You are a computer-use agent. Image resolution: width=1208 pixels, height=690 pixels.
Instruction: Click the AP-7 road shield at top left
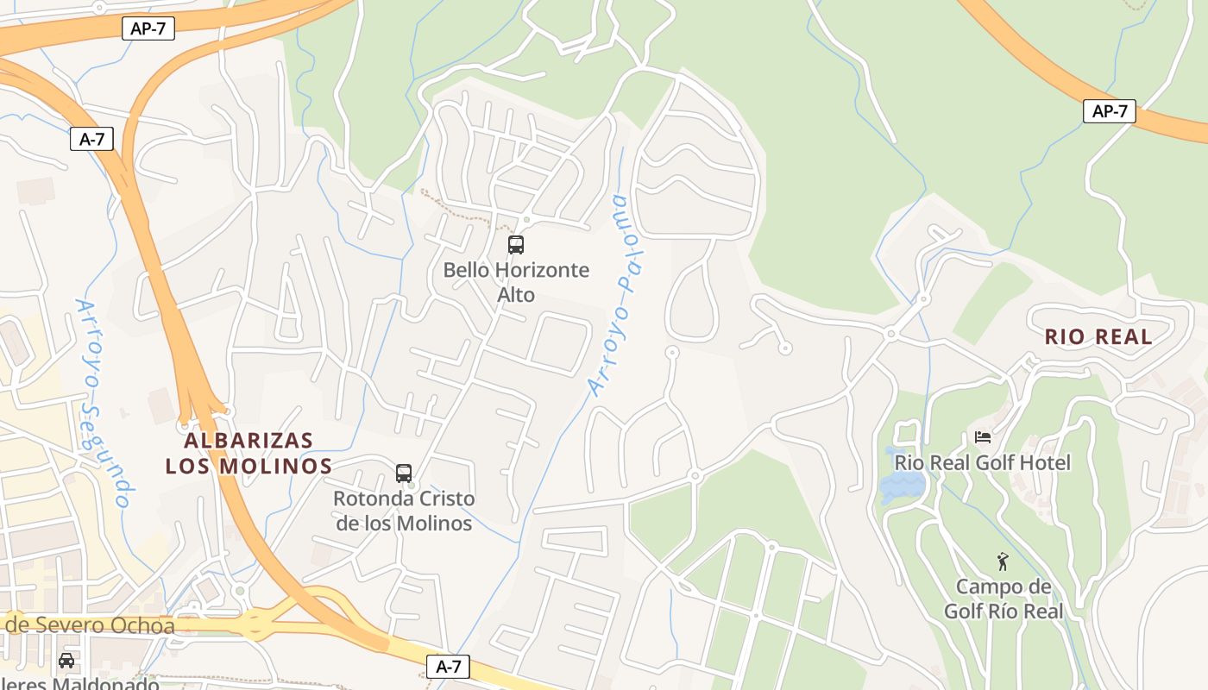click(x=148, y=28)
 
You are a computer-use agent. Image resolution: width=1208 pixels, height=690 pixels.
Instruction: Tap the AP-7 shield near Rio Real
click(x=1110, y=111)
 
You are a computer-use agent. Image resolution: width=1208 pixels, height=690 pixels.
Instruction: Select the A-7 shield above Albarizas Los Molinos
click(x=91, y=139)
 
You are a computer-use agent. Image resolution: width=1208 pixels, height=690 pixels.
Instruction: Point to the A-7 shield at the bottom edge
click(x=448, y=667)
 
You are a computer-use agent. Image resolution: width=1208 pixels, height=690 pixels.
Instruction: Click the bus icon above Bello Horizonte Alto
click(x=516, y=245)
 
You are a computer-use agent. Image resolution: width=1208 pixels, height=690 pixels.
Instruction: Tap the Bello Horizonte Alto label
click(x=516, y=282)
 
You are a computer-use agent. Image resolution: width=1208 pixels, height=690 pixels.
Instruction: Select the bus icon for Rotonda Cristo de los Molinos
click(x=404, y=474)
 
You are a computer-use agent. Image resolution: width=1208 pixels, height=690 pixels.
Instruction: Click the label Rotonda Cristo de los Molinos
click(x=404, y=511)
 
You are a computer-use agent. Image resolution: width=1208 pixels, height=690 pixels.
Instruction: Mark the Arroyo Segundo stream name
click(x=103, y=403)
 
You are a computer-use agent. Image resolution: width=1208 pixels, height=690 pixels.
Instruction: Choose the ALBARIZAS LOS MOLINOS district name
click(x=249, y=453)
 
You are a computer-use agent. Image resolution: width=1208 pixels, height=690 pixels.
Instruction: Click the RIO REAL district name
click(x=1098, y=337)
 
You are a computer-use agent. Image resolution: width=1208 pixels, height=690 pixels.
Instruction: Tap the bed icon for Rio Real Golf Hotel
click(x=982, y=437)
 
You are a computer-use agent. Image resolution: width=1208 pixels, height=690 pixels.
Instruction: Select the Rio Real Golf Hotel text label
click(x=982, y=463)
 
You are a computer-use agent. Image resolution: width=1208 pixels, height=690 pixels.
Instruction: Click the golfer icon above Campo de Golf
click(x=1002, y=562)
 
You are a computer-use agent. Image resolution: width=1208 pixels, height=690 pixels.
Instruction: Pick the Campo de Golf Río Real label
click(x=1003, y=599)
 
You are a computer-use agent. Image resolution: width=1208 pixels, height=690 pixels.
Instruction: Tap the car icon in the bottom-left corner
click(x=66, y=661)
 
